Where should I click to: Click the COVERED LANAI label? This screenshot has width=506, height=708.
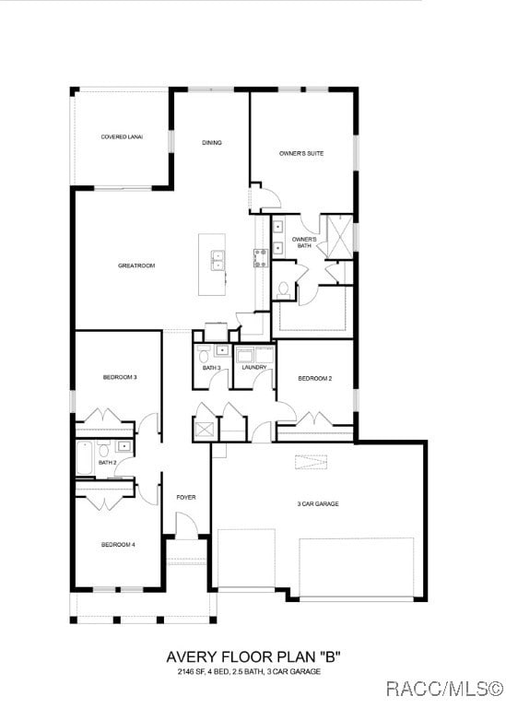coord(122,137)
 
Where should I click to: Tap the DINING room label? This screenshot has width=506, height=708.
coord(212,143)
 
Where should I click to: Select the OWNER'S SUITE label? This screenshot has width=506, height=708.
coord(301,153)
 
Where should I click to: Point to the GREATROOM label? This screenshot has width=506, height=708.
coord(136,265)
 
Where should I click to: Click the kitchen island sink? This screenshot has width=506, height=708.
coord(218,262)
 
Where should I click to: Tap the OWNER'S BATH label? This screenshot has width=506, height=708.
coord(304,242)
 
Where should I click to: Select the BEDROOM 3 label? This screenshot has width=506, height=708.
coord(120,377)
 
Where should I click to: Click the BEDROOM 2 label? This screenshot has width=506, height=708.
coord(315,379)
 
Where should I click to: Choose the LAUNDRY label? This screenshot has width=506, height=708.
coord(254,368)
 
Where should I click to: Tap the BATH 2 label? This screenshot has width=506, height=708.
coord(108,462)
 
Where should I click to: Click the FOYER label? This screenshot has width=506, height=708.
coord(186,498)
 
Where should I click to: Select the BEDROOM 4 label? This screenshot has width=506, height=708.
coord(119,545)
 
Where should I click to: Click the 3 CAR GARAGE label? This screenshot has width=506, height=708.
coord(318,504)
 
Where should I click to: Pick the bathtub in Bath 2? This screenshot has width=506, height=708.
coord(85,458)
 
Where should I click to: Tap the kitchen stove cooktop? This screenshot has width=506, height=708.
coord(261,256)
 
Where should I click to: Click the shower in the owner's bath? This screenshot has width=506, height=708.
coord(339,232)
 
